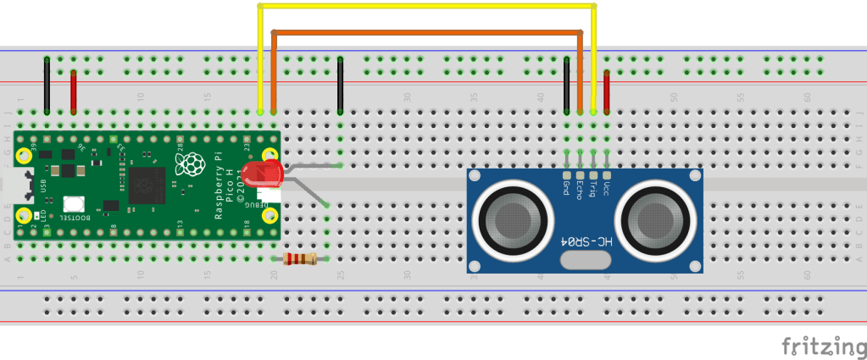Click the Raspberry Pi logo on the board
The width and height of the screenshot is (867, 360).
coord(194,164)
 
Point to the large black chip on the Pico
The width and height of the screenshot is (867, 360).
coord(146,185)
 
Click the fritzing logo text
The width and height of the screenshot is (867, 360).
coord(820,346)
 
